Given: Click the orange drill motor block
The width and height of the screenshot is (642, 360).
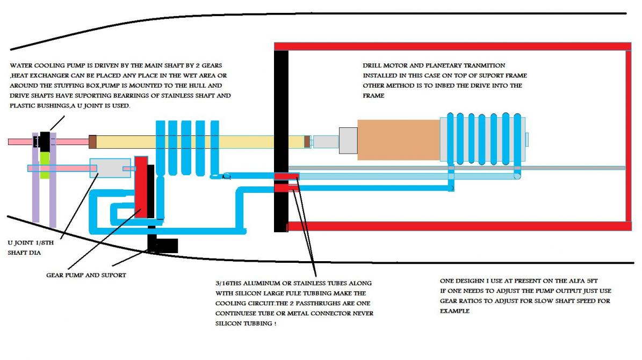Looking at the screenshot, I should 398,140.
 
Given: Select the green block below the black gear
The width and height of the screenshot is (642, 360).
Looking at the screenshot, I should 45,159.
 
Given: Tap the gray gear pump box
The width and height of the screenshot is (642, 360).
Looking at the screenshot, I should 110,168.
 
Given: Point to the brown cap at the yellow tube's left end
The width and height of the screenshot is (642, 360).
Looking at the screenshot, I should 92,142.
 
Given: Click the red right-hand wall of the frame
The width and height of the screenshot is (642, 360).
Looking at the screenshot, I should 627,134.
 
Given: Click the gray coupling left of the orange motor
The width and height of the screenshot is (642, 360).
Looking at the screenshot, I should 348,141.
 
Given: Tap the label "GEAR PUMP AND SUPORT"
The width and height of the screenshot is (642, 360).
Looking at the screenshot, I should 86,275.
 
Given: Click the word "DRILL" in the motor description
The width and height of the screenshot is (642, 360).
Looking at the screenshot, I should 374,66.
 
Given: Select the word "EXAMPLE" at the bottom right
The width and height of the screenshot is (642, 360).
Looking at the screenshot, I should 455,311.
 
